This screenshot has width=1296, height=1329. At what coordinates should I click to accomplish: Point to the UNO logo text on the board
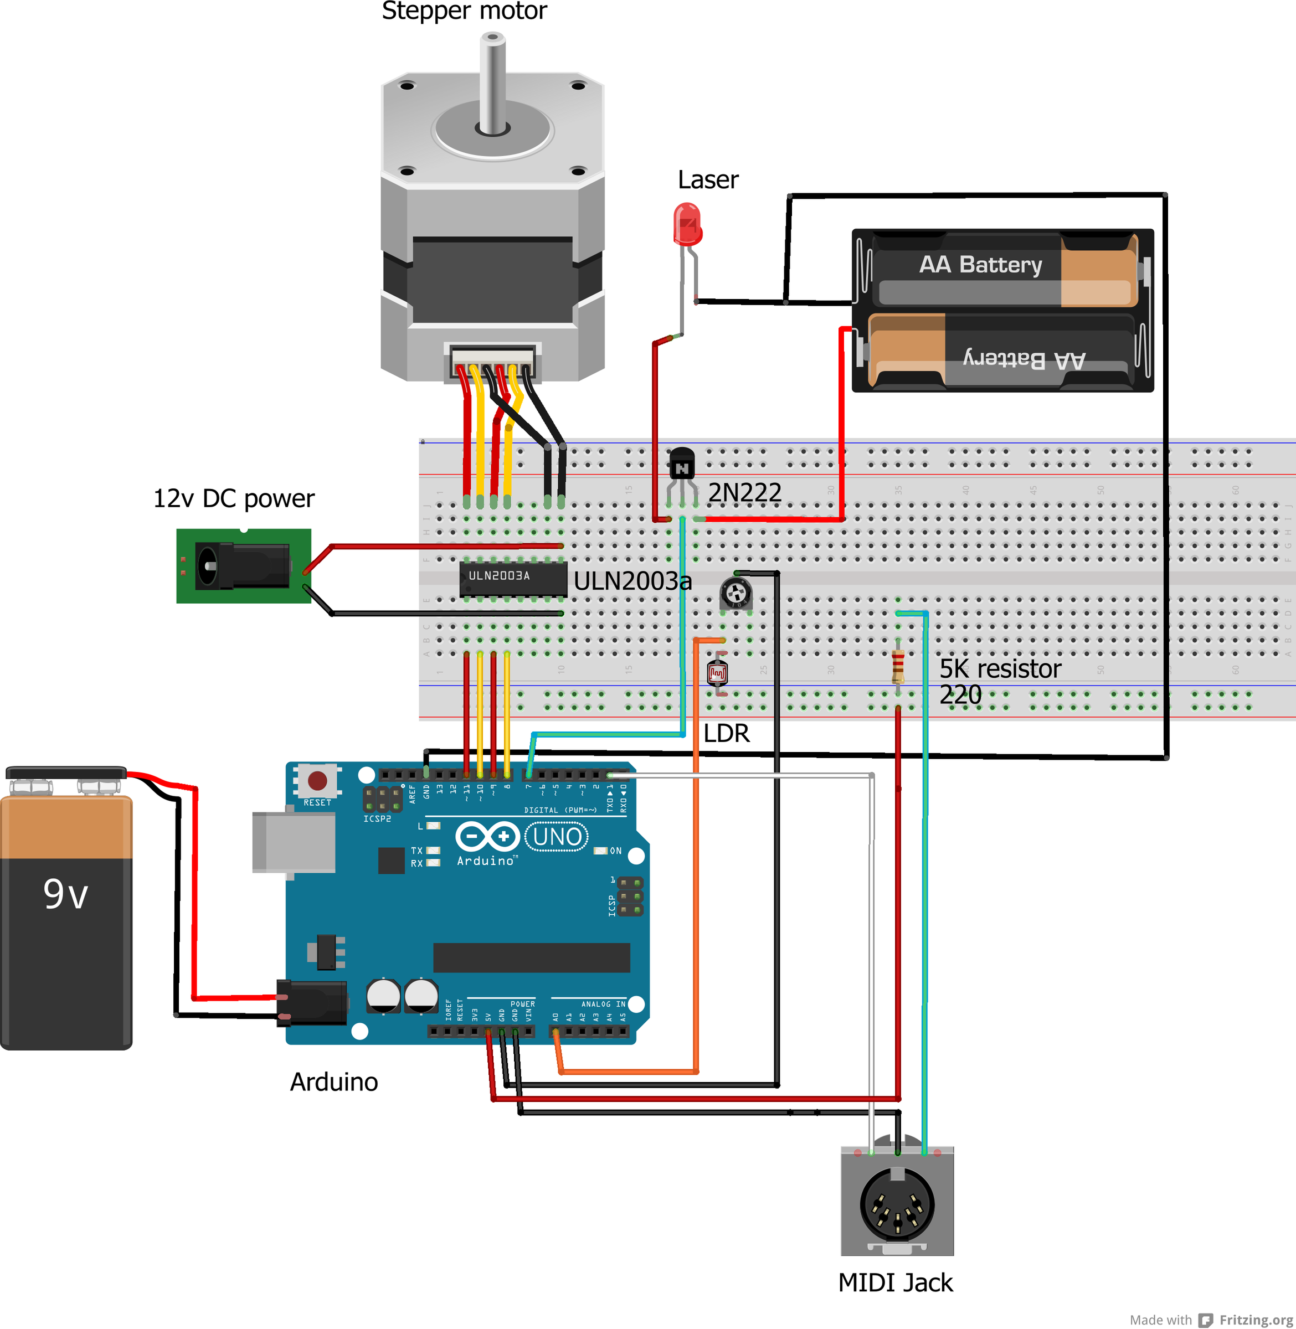[x=557, y=836]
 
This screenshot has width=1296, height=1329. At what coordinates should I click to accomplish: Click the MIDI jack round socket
[x=897, y=1204]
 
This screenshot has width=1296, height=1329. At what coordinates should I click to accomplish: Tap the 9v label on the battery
[x=66, y=894]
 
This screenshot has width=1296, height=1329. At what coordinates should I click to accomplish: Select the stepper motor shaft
[x=492, y=81]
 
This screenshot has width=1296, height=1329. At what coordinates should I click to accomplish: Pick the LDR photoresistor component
[x=717, y=673]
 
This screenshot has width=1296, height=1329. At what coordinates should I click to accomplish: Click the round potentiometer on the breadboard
[x=736, y=593]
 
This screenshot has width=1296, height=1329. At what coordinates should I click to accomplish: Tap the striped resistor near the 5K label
[x=898, y=666]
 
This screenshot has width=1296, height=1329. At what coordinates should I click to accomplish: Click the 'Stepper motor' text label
[x=464, y=11]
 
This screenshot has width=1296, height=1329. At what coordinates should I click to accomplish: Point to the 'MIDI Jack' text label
[x=895, y=1282]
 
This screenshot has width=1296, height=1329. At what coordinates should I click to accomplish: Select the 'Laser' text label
[x=708, y=179]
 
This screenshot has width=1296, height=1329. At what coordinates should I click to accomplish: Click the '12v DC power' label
[x=234, y=498]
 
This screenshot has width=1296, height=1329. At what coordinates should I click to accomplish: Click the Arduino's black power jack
[x=312, y=1002]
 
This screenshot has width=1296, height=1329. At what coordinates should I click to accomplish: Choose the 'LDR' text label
[x=726, y=733]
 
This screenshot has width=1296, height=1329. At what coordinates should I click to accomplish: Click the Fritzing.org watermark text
[x=1256, y=1320]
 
